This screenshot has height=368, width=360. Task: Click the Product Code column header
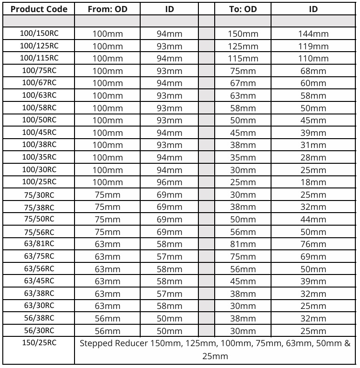(x=39, y=9)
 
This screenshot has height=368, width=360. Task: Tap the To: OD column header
(x=243, y=9)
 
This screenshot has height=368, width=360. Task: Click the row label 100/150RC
(x=39, y=33)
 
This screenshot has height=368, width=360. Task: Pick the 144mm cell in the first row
(x=313, y=34)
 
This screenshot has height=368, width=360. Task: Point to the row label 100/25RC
(x=39, y=181)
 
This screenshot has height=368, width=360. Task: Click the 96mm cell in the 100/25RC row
(x=170, y=181)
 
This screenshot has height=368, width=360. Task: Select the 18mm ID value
(x=313, y=181)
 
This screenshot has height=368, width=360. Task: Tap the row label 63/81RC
(x=39, y=243)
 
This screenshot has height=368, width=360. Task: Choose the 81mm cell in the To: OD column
(x=243, y=243)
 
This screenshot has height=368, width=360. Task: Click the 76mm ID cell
(x=313, y=243)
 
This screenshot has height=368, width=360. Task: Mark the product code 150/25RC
(x=39, y=343)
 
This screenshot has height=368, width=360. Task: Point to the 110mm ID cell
(x=313, y=59)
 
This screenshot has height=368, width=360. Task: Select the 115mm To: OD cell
(x=243, y=59)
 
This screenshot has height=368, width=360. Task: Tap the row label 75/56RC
(x=39, y=231)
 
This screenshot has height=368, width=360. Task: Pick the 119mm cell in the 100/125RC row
(x=313, y=47)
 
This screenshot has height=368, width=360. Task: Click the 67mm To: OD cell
(x=243, y=83)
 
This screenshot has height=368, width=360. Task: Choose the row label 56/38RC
(x=39, y=318)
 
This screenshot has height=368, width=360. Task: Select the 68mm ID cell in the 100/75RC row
(x=313, y=71)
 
